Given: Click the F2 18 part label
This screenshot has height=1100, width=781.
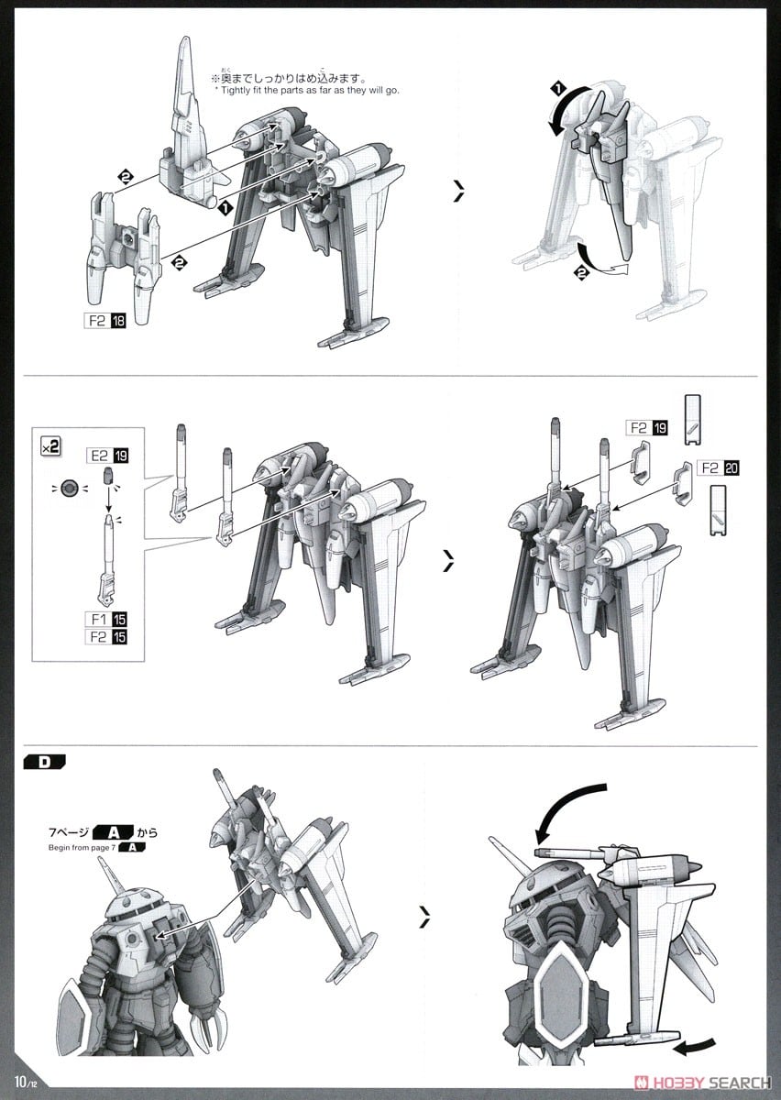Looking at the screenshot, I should [105, 321].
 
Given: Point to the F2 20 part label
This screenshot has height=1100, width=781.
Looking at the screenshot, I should [717, 467].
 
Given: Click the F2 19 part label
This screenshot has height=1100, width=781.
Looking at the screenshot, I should [647, 427].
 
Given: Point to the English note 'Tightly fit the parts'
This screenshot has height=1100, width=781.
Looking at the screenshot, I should [307, 90].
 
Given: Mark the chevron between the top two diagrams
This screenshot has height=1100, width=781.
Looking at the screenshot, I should [457, 191].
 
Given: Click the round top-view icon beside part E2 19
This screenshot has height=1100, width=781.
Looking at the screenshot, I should [65, 487].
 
